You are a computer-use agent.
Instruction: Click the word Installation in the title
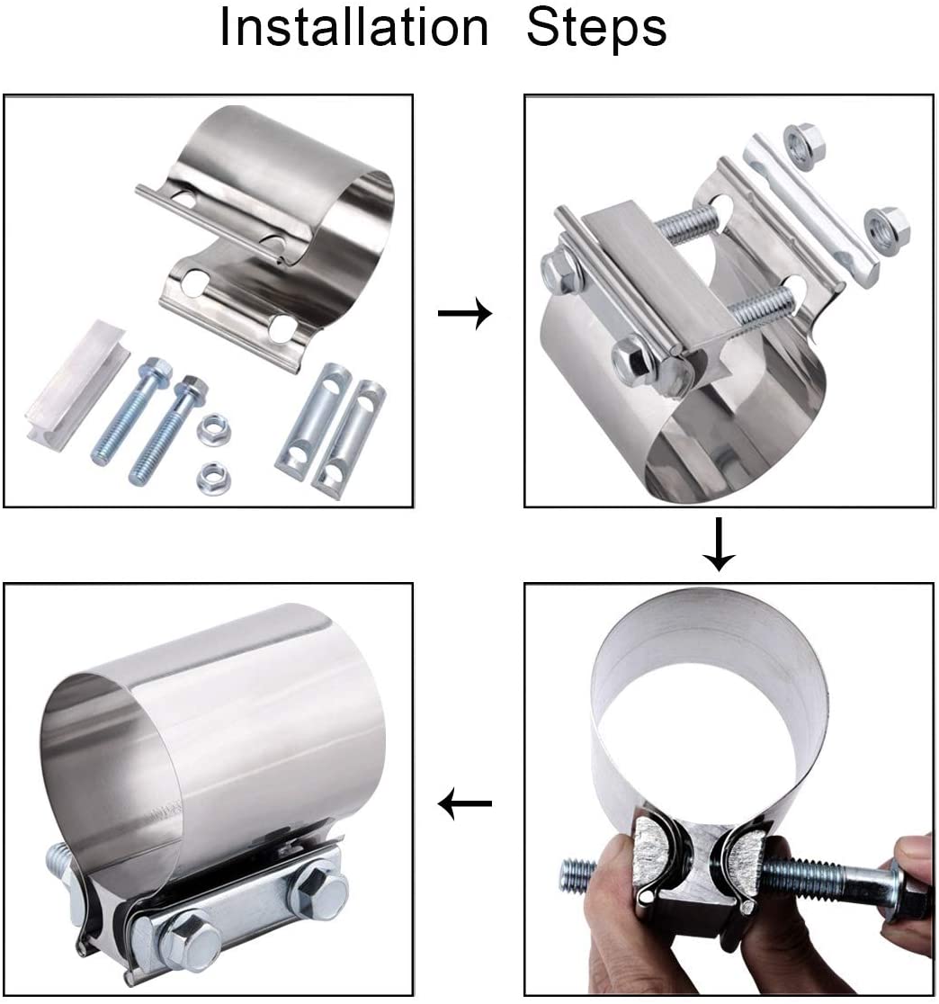pyautogui.click(x=354, y=27)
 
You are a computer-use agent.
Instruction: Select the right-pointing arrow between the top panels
pyautogui.click(x=465, y=314)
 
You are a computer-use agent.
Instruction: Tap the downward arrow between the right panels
pyautogui.click(x=720, y=543)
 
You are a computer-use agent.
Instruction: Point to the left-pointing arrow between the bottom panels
pyautogui.click(x=465, y=802)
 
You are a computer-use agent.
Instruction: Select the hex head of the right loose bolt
pyautogui.click(x=192, y=388)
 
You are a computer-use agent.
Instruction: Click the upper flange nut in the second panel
pyautogui.click(x=804, y=143)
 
